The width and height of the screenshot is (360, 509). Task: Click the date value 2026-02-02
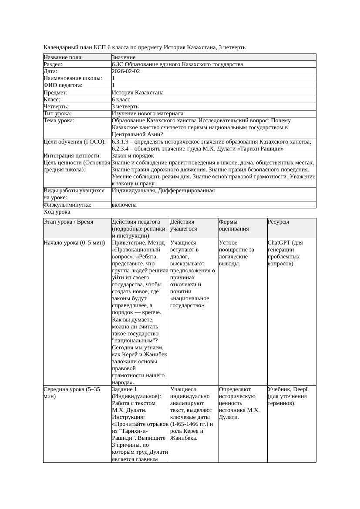pyautogui.click(x=126, y=71)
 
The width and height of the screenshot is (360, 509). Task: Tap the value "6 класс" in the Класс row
pyautogui.click(x=121, y=100)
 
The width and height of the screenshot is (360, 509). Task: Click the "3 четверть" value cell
pyautogui.click(x=125, y=107)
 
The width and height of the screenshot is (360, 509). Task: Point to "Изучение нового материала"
pyautogui.click(x=148, y=114)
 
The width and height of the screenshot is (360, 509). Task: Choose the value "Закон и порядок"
pyautogui.click(x=133, y=156)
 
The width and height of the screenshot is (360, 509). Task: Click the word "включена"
pyautogui.click(x=124, y=205)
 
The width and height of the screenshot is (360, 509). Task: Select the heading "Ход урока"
pyautogui.click(x=57, y=212)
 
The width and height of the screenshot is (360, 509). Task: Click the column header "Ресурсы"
pyautogui.click(x=278, y=222)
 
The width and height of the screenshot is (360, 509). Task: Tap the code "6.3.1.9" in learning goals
pyautogui.click(x=121, y=142)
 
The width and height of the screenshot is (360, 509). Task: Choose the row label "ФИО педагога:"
pyautogui.click(x=63, y=86)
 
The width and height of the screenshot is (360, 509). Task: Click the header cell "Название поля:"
pyautogui.click(x=63, y=57)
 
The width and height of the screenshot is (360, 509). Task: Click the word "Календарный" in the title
pyautogui.click(x=60, y=47)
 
